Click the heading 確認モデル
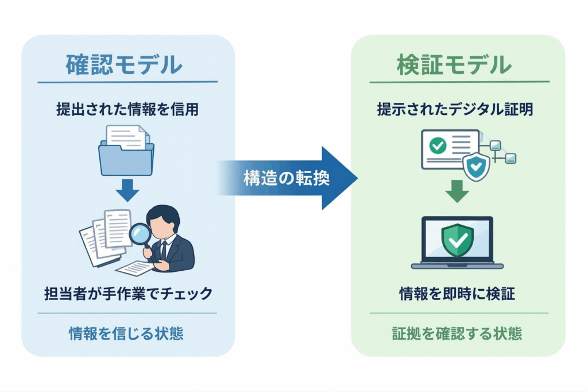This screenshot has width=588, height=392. [124, 65]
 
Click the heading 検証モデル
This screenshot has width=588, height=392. [454, 65]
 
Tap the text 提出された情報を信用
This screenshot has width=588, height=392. [127, 109]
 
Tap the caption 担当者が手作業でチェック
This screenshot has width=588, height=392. [127, 294]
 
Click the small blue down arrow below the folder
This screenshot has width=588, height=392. [127, 190]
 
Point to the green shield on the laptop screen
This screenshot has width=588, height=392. [457, 240]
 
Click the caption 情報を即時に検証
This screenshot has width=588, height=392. [457, 294]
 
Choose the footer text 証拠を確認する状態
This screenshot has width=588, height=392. [457, 333]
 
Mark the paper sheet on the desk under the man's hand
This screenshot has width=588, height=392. [136, 268]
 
